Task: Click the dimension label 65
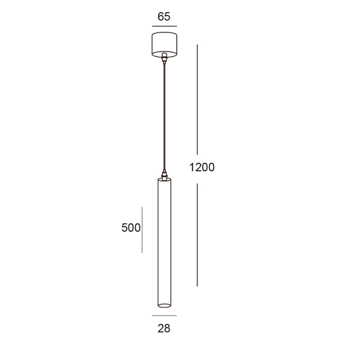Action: click(164, 17)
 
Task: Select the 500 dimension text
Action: click(130, 228)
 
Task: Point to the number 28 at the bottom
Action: click(164, 328)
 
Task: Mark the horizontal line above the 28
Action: click(164, 315)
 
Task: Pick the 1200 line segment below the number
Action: click(197, 234)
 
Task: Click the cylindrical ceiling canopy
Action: click(164, 43)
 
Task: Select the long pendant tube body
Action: click(164, 240)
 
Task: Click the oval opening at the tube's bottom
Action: click(164, 302)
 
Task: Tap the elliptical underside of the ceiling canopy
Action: click(164, 53)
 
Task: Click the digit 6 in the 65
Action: click(160, 17)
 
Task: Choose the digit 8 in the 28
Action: click(167, 328)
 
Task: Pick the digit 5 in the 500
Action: click(124, 228)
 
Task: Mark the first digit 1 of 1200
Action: click(190, 167)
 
